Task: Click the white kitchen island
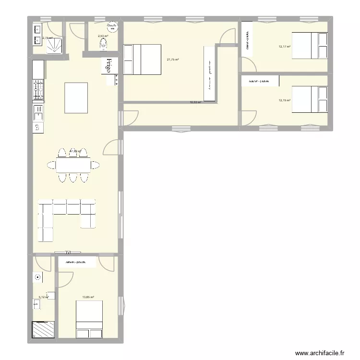[76, 97]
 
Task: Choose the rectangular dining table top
[73, 165]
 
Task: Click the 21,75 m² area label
[173, 60]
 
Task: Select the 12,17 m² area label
[285, 46]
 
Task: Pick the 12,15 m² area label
[285, 100]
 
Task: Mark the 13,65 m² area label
[87, 298]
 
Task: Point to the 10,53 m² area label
[195, 102]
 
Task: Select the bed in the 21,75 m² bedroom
[142, 60]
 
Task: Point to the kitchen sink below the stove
[38, 113]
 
